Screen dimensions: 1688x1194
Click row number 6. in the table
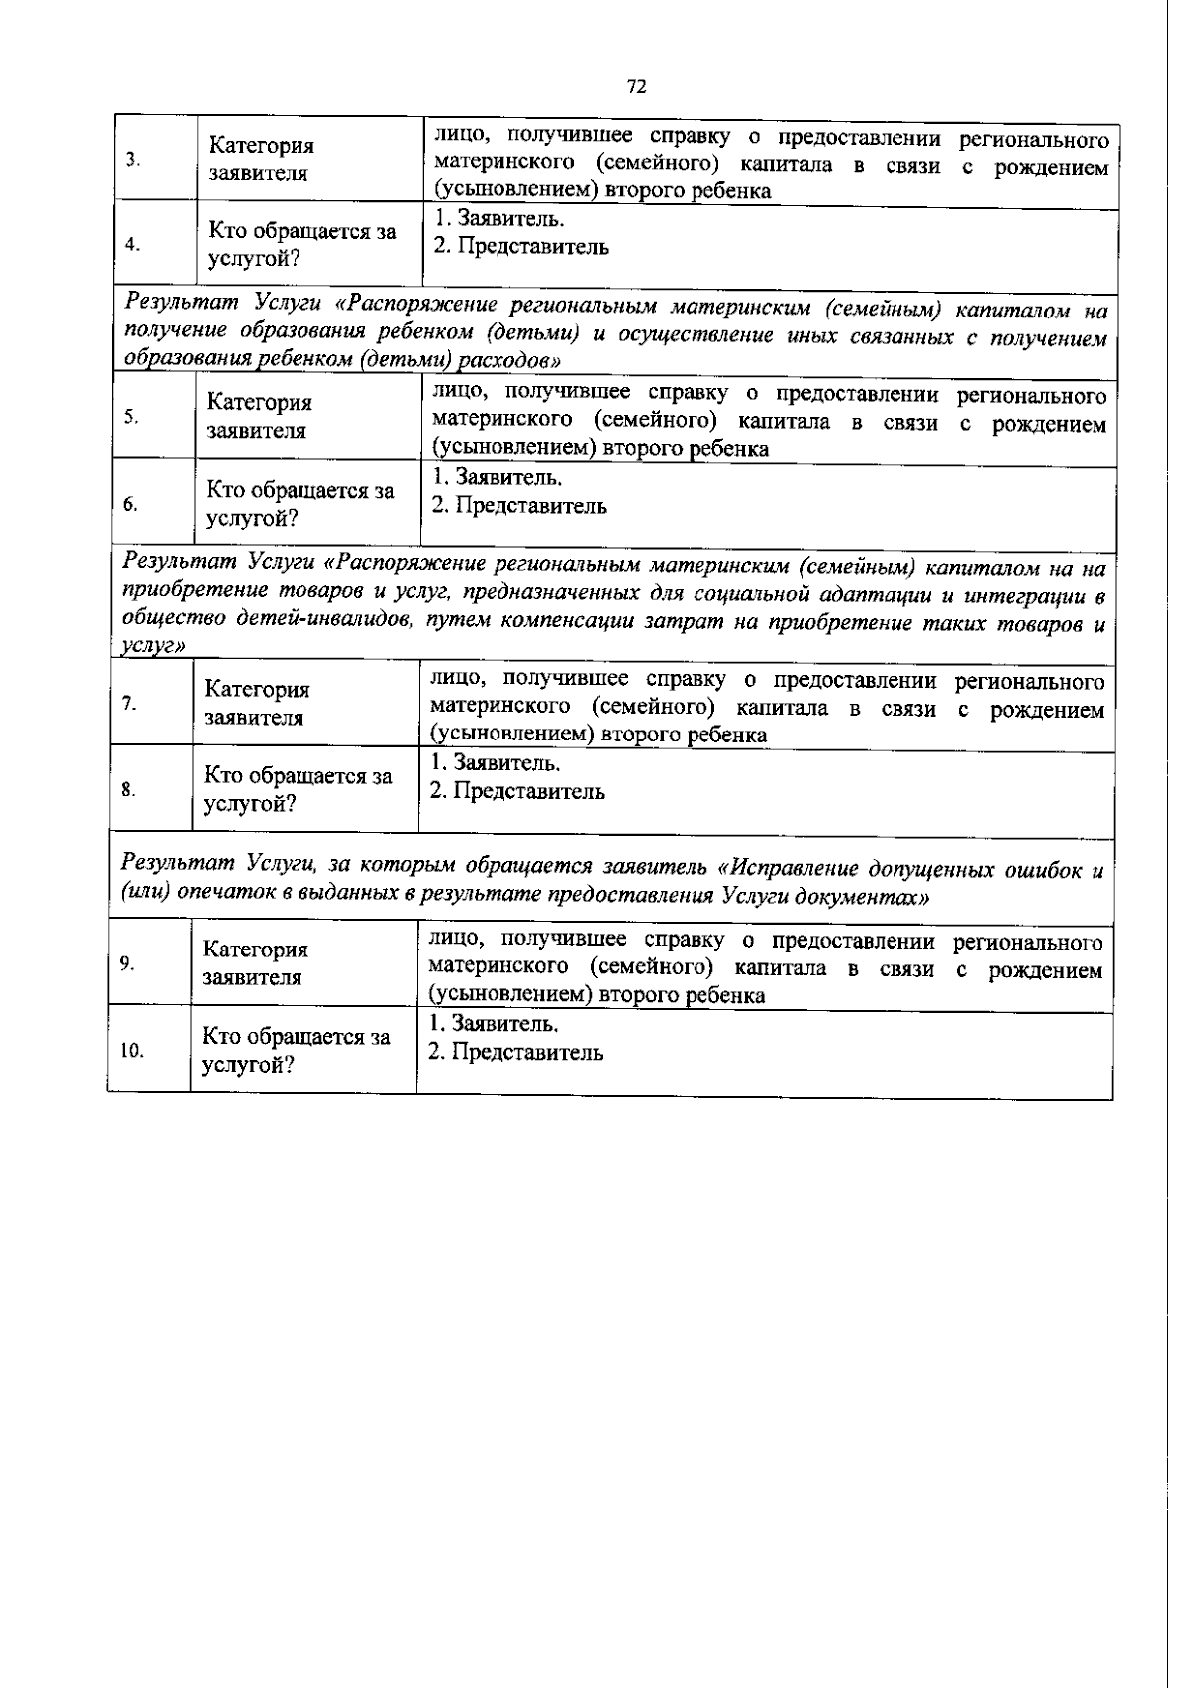130,504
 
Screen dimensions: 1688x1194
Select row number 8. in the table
128,790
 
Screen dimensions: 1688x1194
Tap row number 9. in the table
127,963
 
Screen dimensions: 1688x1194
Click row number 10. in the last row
131,1050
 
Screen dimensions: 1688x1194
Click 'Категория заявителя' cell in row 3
261,160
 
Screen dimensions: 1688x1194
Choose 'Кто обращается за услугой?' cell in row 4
301,245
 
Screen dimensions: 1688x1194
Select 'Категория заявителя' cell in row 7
257,703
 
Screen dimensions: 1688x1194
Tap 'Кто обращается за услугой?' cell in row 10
296,1051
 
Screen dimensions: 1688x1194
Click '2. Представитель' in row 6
518,506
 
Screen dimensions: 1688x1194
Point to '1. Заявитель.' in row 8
495,763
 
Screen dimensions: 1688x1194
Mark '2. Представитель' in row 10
514,1053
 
